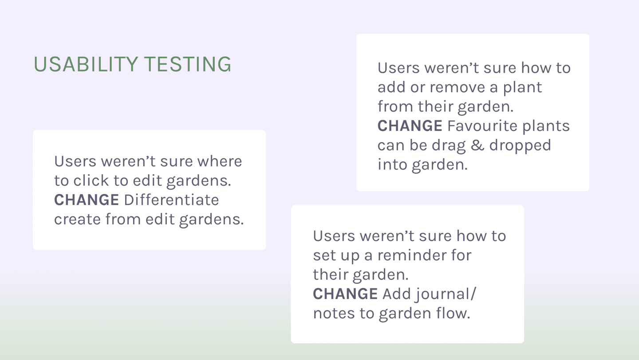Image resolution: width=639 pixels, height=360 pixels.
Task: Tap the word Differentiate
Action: pyautogui.click(x=171, y=200)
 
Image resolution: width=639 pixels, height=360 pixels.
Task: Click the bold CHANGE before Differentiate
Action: pyautogui.click(x=87, y=200)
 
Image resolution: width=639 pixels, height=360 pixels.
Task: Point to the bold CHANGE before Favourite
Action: pyautogui.click(x=410, y=126)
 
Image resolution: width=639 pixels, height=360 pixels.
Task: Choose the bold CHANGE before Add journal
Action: pyautogui.click(x=345, y=294)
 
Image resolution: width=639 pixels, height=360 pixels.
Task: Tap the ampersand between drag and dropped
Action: pyautogui.click(x=477, y=146)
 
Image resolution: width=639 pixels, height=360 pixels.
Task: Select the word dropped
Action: pyautogui.click(x=520, y=146)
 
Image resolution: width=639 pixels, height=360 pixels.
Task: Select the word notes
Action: pyautogui.click(x=333, y=313)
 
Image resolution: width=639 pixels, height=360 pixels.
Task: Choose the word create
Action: pyautogui.click(x=77, y=219)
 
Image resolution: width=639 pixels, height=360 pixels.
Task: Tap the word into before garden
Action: pyautogui.click(x=392, y=165)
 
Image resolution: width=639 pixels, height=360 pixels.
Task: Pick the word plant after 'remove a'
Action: pyautogui.click(x=522, y=87)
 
